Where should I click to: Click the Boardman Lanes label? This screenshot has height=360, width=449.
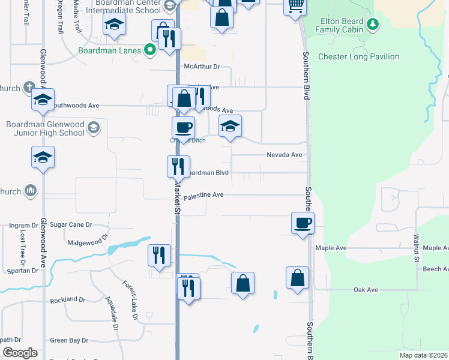(109, 50)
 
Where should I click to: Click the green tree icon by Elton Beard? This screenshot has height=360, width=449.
(373, 24)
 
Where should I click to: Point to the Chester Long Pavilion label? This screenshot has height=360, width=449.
(358, 57)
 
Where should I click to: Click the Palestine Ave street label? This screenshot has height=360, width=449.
(203, 195)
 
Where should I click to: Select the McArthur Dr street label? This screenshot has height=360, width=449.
(202, 67)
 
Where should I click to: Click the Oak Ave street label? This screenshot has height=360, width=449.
(366, 290)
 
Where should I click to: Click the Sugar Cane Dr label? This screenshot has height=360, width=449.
(71, 224)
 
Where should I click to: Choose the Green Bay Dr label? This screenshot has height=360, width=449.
(69, 340)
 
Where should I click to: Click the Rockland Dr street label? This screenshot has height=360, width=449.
(68, 299)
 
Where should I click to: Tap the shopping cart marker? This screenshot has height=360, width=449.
(295, 6)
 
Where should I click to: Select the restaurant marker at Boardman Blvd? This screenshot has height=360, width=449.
(178, 166)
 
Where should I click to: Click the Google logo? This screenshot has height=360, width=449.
(20, 353)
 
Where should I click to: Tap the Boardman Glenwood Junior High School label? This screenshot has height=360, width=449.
(45, 128)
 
